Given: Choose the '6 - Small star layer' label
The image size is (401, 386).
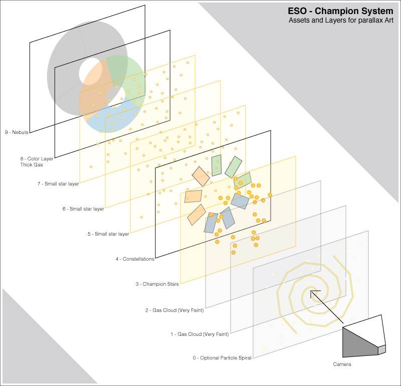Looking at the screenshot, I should point(83,209).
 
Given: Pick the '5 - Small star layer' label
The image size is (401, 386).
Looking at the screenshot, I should point(108,234).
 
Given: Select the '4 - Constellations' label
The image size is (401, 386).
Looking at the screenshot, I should point(135,259).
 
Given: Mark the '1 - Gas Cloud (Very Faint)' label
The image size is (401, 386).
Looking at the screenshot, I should point(199,334).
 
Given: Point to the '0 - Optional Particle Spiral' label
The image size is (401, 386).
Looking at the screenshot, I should point(222,358).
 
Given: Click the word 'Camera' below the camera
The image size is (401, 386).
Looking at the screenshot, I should point(342,364).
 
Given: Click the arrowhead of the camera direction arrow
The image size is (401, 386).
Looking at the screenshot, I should point(313,293).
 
